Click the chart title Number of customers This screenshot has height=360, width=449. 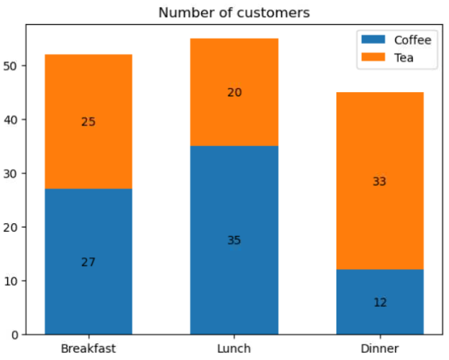(x=234, y=13)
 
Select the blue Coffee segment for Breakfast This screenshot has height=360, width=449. (x=88, y=283)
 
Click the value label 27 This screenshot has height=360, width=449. (x=88, y=261)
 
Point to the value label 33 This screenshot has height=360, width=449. (x=380, y=181)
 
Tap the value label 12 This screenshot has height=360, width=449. (x=380, y=303)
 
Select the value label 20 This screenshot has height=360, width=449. (x=234, y=92)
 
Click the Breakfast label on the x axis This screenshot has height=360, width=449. (x=88, y=349)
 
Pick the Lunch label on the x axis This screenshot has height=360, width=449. (x=234, y=349)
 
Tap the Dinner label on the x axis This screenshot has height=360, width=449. (x=380, y=349)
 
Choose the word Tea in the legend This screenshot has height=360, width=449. (x=404, y=57)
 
